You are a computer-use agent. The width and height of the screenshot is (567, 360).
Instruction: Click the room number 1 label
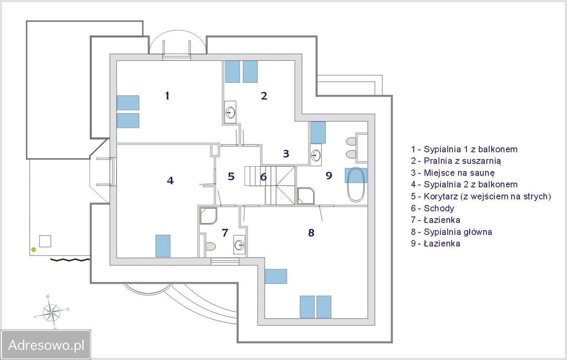(167, 96)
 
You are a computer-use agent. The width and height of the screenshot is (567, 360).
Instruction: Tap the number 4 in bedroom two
(170, 180)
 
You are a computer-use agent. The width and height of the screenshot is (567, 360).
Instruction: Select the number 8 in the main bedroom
(311, 233)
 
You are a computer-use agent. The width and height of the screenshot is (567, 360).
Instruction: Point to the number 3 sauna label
(286, 153)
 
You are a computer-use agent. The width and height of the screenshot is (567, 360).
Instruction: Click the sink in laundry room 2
(230, 112)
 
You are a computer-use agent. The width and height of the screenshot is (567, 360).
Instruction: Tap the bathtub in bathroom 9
(356, 184)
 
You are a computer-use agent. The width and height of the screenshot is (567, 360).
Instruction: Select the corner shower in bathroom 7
(209, 216)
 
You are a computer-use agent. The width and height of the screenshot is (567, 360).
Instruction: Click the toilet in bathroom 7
(210, 246)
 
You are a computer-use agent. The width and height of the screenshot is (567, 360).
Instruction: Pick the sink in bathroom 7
(239, 245)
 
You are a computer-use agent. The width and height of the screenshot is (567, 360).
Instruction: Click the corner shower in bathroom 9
(306, 196)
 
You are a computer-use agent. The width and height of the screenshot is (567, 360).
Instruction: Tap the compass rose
(51, 311)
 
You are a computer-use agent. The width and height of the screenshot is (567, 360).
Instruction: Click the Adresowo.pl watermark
(46, 345)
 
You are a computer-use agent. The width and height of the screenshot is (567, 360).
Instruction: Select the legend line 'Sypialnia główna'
(451, 232)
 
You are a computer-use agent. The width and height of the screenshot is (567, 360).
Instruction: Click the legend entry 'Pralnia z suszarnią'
(456, 161)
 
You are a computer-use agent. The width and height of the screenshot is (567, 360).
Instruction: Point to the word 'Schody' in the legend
(439, 208)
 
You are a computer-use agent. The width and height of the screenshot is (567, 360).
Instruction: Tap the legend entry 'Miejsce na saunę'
(453, 173)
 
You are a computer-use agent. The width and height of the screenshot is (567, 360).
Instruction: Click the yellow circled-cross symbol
(33, 250)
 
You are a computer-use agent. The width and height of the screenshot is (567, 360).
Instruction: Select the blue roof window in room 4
(163, 246)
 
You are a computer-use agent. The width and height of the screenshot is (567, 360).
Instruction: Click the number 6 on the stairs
(263, 177)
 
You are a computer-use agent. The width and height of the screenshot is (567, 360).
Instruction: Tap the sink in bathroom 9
(316, 155)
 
